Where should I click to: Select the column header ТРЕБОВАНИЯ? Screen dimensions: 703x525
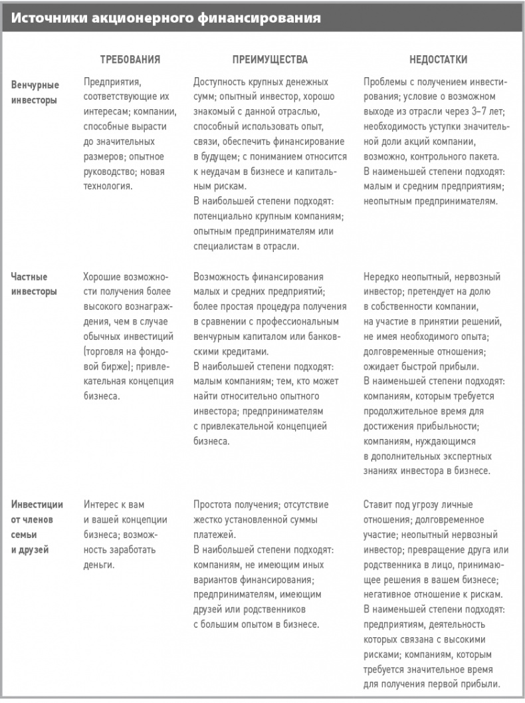(x=130, y=59)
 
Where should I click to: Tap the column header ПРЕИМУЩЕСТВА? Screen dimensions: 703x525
(x=270, y=59)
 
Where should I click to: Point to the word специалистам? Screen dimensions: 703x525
(x=224, y=245)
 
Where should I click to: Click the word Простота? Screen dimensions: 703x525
(x=213, y=504)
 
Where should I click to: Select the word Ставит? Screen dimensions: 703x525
(x=379, y=504)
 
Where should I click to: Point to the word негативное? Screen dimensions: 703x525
(x=390, y=595)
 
